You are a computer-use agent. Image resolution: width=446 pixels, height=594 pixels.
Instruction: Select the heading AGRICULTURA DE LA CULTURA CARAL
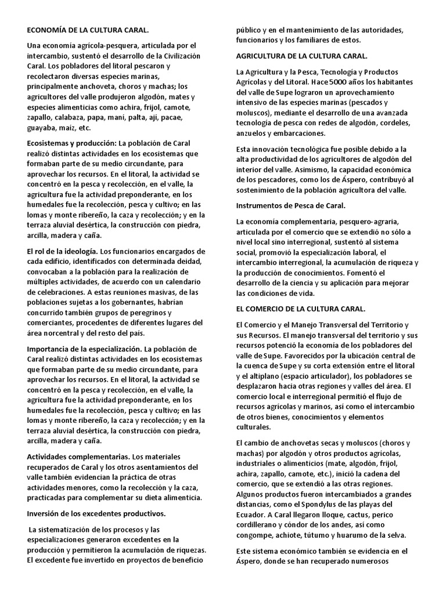301,56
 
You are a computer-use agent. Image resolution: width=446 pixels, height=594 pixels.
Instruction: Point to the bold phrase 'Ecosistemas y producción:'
72,143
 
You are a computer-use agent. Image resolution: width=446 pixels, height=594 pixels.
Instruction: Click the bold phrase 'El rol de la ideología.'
62,251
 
